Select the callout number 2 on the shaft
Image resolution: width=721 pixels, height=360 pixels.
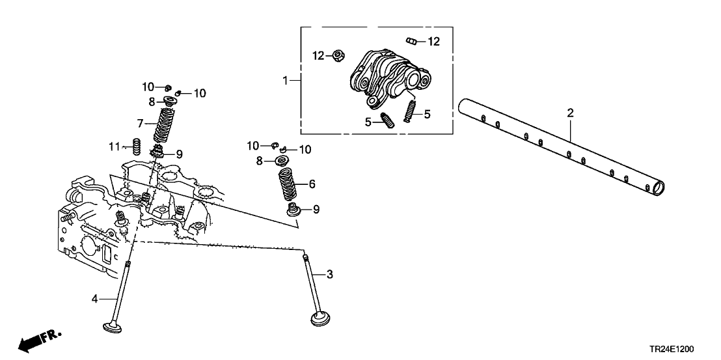click(x=570, y=113)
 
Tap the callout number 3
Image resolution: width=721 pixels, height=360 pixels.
click(x=329, y=275)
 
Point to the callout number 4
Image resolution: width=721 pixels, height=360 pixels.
click(x=94, y=299)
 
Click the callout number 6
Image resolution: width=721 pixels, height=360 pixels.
click(x=312, y=184)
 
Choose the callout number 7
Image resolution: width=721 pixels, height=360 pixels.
click(x=139, y=122)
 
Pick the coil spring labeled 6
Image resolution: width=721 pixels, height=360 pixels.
click(x=287, y=184)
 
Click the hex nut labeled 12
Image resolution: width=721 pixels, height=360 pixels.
click(x=338, y=56)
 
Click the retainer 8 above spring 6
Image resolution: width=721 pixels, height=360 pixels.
click(x=284, y=161)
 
